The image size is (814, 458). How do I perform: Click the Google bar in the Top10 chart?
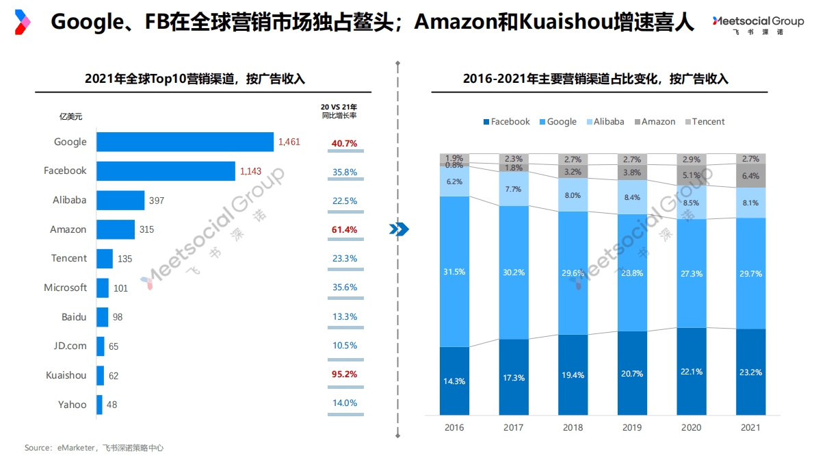tap(185, 142)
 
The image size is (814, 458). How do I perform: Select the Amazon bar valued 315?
tap(116, 229)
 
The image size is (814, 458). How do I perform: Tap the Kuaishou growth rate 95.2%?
tap(344, 374)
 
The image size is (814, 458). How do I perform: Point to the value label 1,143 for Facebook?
tap(251, 171)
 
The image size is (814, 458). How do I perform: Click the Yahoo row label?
tap(73, 404)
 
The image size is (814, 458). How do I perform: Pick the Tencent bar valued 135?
tap(105, 259)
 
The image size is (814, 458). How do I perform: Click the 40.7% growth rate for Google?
tap(344, 143)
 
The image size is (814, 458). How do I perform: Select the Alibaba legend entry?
tap(604, 122)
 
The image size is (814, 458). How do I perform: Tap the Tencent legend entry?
tap(704, 122)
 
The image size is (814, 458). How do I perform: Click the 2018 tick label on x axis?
tap(573, 428)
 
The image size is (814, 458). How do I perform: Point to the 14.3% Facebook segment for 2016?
tap(454, 381)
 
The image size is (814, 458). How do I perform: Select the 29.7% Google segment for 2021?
tap(750, 273)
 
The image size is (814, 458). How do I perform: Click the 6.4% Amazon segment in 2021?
tap(750, 176)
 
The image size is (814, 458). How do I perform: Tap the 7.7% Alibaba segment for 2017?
tap(514, 189)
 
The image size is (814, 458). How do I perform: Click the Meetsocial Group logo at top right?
tap(757, 25)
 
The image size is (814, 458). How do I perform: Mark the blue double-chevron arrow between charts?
tap(398, 229)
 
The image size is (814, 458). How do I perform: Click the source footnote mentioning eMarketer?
tap(94, 448)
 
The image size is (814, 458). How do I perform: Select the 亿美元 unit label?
tap(70, 116)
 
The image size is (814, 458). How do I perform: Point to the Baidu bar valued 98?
tap(103, 317)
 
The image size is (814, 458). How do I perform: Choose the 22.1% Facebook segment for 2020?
tap(691, 371)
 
